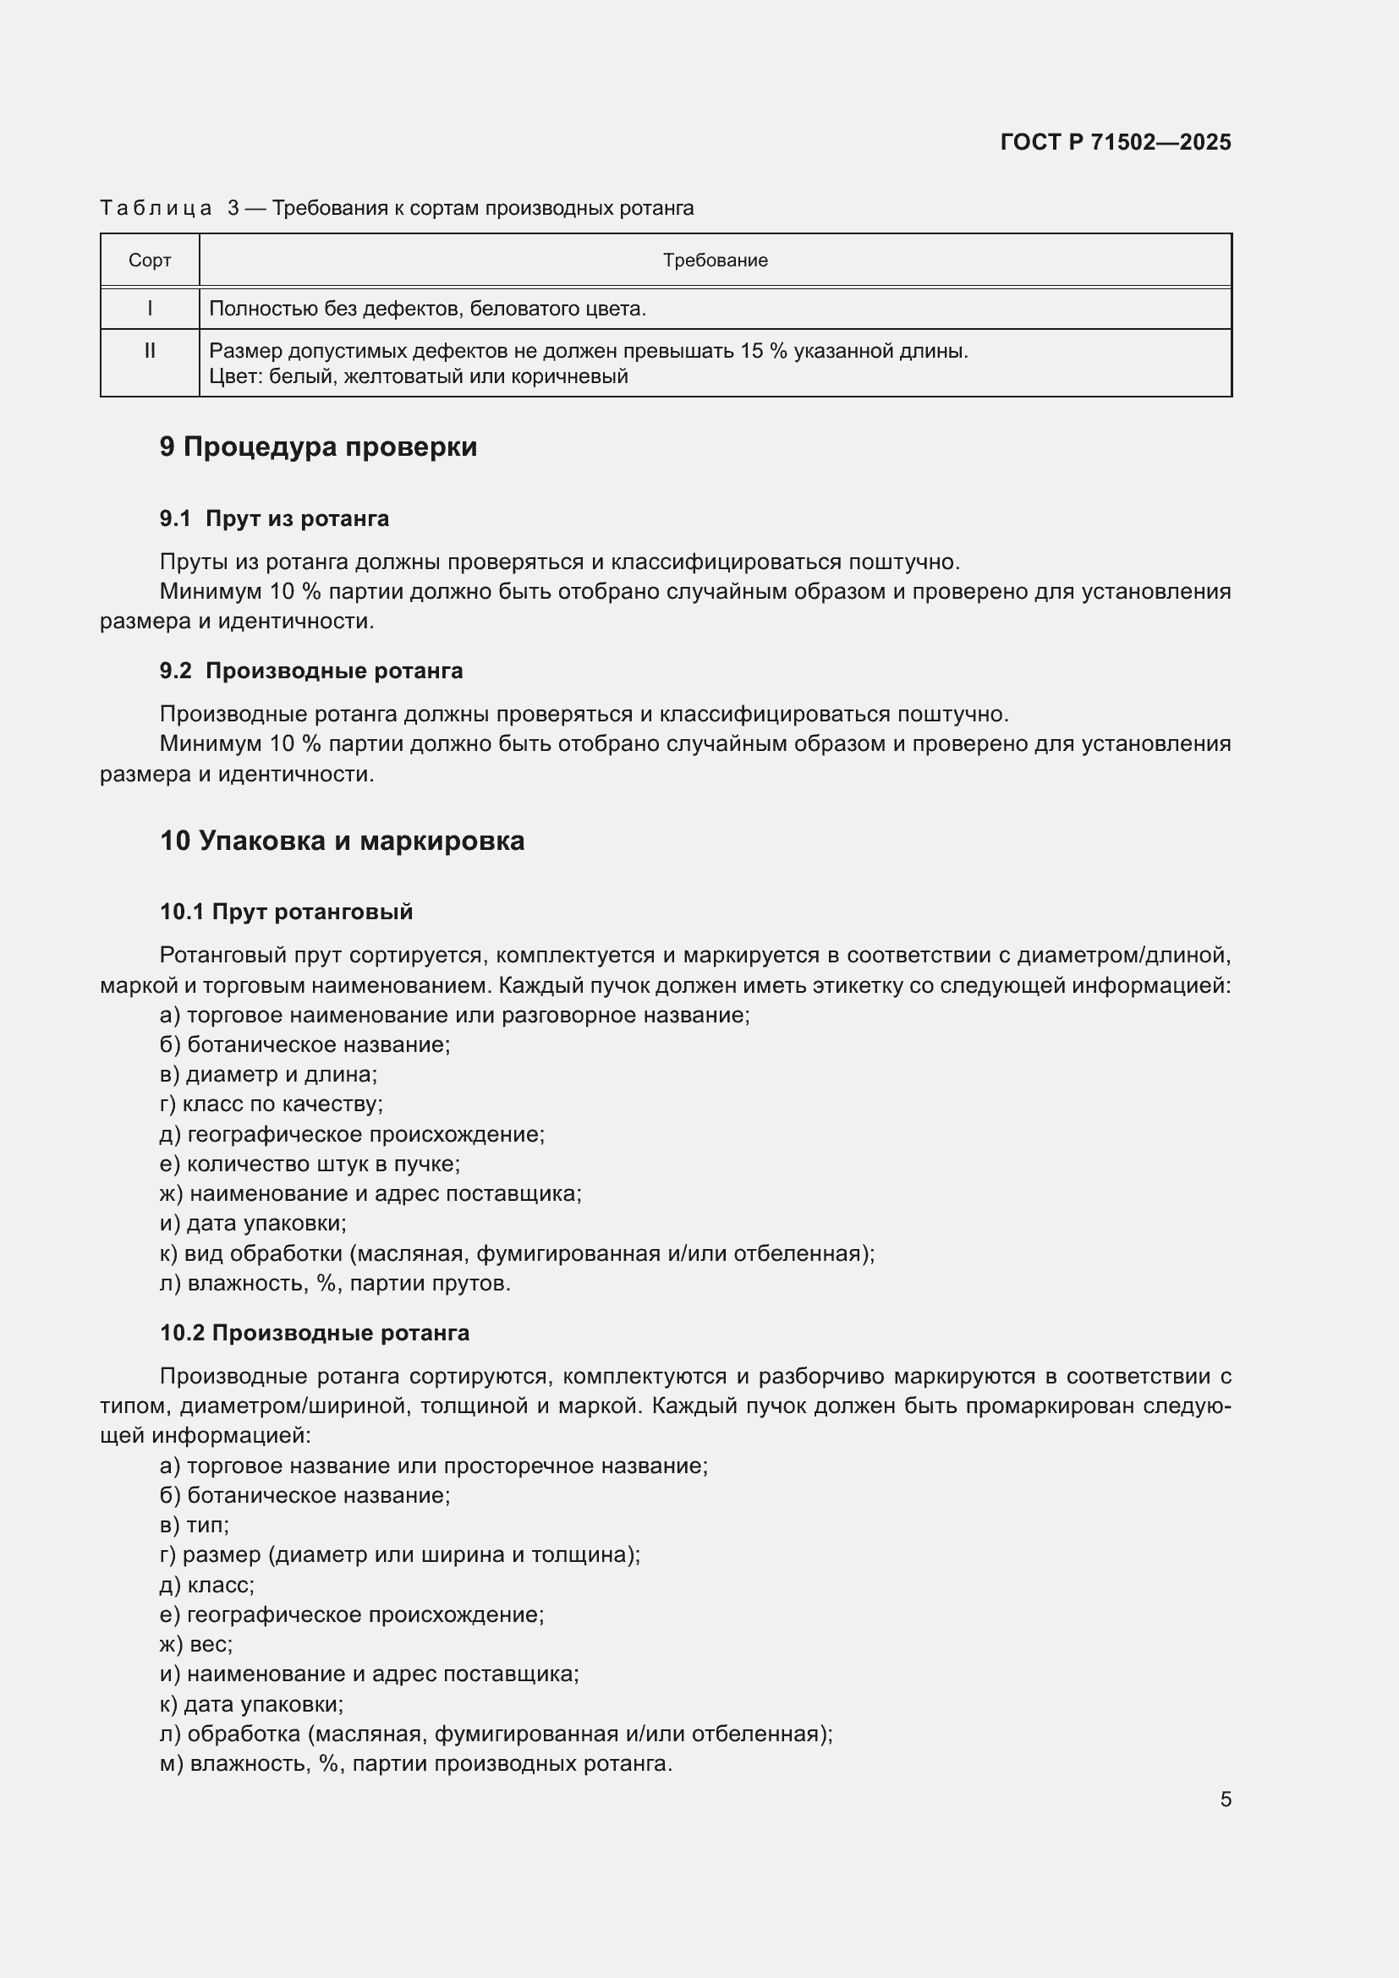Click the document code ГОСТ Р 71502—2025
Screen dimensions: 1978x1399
tap(1115, 142)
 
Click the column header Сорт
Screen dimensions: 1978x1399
tap(149, 260)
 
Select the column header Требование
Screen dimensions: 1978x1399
tap(714, 260)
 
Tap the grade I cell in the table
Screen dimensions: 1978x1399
tap(149, 309)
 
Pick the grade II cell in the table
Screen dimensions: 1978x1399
tap(149, 351)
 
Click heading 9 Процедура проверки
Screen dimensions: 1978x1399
tap(318, 447)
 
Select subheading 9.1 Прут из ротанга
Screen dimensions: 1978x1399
tap(274, 518)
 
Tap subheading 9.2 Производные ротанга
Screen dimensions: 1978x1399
tap(311, 671)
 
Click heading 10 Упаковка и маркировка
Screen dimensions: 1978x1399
tap(342, 840)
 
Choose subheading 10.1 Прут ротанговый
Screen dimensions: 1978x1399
tap(286, 912)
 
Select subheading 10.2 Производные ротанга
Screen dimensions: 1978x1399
tap(315, 1333)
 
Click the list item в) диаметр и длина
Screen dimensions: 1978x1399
tap(268, 1074)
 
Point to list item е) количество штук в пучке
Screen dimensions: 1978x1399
tap(310, 1164)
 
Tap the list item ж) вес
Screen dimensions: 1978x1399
tap(195, 1645)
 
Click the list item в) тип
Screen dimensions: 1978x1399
tap(194, 1526)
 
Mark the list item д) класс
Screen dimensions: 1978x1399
tap(206, 1585)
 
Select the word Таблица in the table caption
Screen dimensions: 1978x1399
tap(156, 209)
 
